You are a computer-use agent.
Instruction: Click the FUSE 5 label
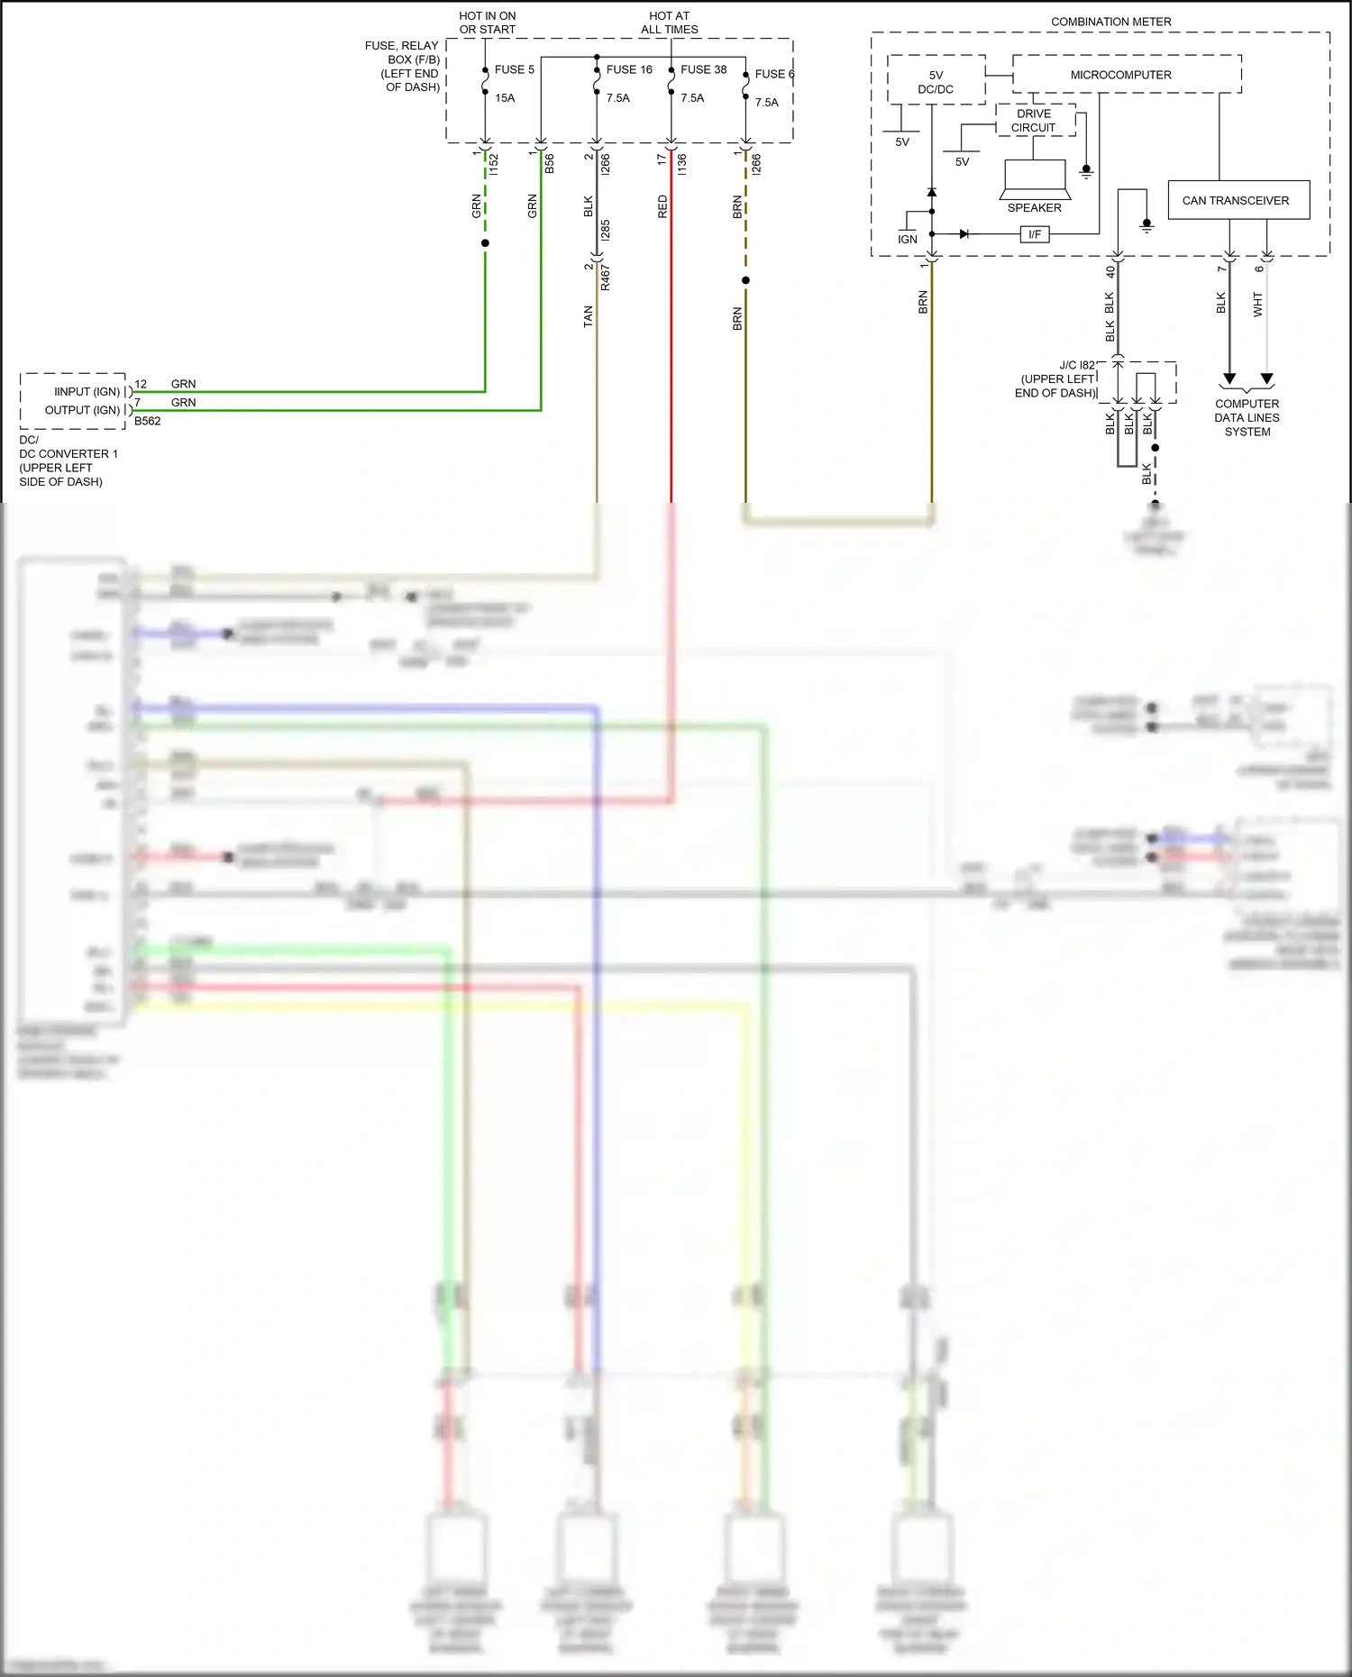[x=514, y=69]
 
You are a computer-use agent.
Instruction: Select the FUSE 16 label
[x=629, y=69]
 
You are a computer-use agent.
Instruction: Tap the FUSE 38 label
[x=703, y=69]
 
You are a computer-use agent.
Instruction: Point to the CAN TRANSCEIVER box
[x=1235, y=200]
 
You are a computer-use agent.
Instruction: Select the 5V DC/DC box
[x=936, y=82]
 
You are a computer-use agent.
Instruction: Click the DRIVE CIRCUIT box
[x=1034, y=121]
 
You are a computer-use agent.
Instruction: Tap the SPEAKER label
[x=1034, y=208]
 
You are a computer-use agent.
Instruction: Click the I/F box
[x=1035, y=234]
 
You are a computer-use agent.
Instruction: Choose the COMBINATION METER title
[x=1110, y=22]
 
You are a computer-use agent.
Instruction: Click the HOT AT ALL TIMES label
[x=669, y=23]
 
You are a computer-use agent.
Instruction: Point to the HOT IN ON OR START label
[x=488, y=23]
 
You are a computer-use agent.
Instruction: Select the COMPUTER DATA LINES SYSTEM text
[x=1247, y=418]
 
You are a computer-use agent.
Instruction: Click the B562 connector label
[x=147, y=421]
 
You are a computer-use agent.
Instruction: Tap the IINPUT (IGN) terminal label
[x=87, y=392]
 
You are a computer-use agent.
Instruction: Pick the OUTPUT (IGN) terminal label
[x=82, y=410]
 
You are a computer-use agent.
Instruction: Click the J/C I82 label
[x=1077, y=365]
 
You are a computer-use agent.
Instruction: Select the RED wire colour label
[x=662, y=206]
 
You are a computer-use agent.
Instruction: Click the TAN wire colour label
[x=588, y=316]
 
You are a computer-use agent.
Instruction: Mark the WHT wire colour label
[x=1258, y=305]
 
